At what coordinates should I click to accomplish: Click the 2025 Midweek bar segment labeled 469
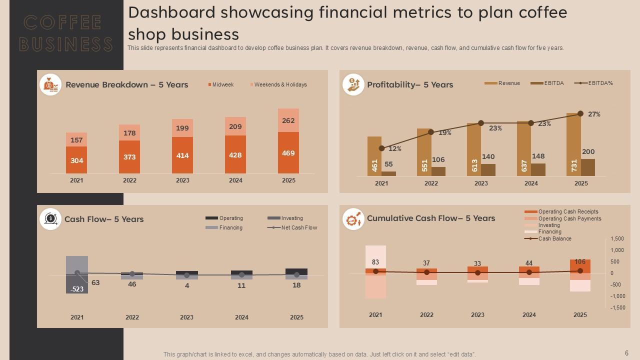[288, 153]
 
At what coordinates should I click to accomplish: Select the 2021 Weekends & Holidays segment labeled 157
[76, 140]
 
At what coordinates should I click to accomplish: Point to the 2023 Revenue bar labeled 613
[474, 150]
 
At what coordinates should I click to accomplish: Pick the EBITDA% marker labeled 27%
[580, 113]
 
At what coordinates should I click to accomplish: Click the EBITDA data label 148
[538, 156]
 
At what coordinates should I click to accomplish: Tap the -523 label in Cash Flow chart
[77, 289]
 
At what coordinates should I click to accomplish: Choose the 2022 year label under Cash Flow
[132, 317]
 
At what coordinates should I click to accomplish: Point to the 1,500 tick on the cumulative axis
[617, 239]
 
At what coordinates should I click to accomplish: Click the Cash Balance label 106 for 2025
[580, 262]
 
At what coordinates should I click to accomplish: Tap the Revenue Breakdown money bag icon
[50, 85]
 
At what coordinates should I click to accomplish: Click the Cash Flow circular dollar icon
[50, 219]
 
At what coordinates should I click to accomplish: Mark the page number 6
[626, 353]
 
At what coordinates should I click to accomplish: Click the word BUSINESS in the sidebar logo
[66, 44]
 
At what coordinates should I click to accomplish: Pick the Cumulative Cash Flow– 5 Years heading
[431, 218]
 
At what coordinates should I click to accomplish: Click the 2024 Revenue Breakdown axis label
[235, 180]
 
